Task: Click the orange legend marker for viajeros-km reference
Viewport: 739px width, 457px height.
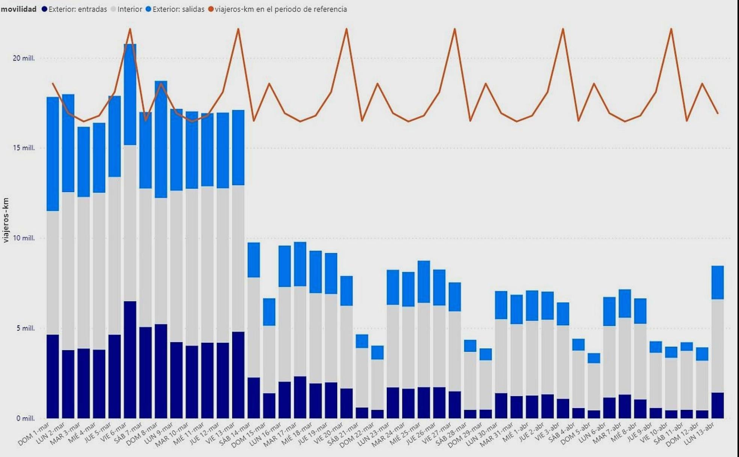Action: point(211,9)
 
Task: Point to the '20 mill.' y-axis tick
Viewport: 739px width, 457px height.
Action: point(24,58)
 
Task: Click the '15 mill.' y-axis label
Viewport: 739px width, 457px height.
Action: point(24,148)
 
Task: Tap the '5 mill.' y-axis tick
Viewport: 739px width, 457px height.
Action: point(25,328)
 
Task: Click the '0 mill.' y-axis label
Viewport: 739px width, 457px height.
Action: point(25,418)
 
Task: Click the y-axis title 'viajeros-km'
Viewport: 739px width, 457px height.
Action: point(6,220)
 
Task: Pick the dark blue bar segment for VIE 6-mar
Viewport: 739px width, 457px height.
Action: point(130,359)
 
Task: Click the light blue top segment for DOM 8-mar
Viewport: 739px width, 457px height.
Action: point(161,139)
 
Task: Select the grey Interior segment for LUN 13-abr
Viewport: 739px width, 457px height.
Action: point(718,346)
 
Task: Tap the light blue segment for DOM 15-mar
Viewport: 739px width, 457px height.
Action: point(269,312)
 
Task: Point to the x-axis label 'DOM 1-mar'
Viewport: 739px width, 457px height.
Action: point(34,434)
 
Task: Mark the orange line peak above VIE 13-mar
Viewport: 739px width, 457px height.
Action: point(238,29)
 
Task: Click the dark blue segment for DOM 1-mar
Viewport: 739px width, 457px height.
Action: point(53,376)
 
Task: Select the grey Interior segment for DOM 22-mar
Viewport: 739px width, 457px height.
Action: point(377,384)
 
